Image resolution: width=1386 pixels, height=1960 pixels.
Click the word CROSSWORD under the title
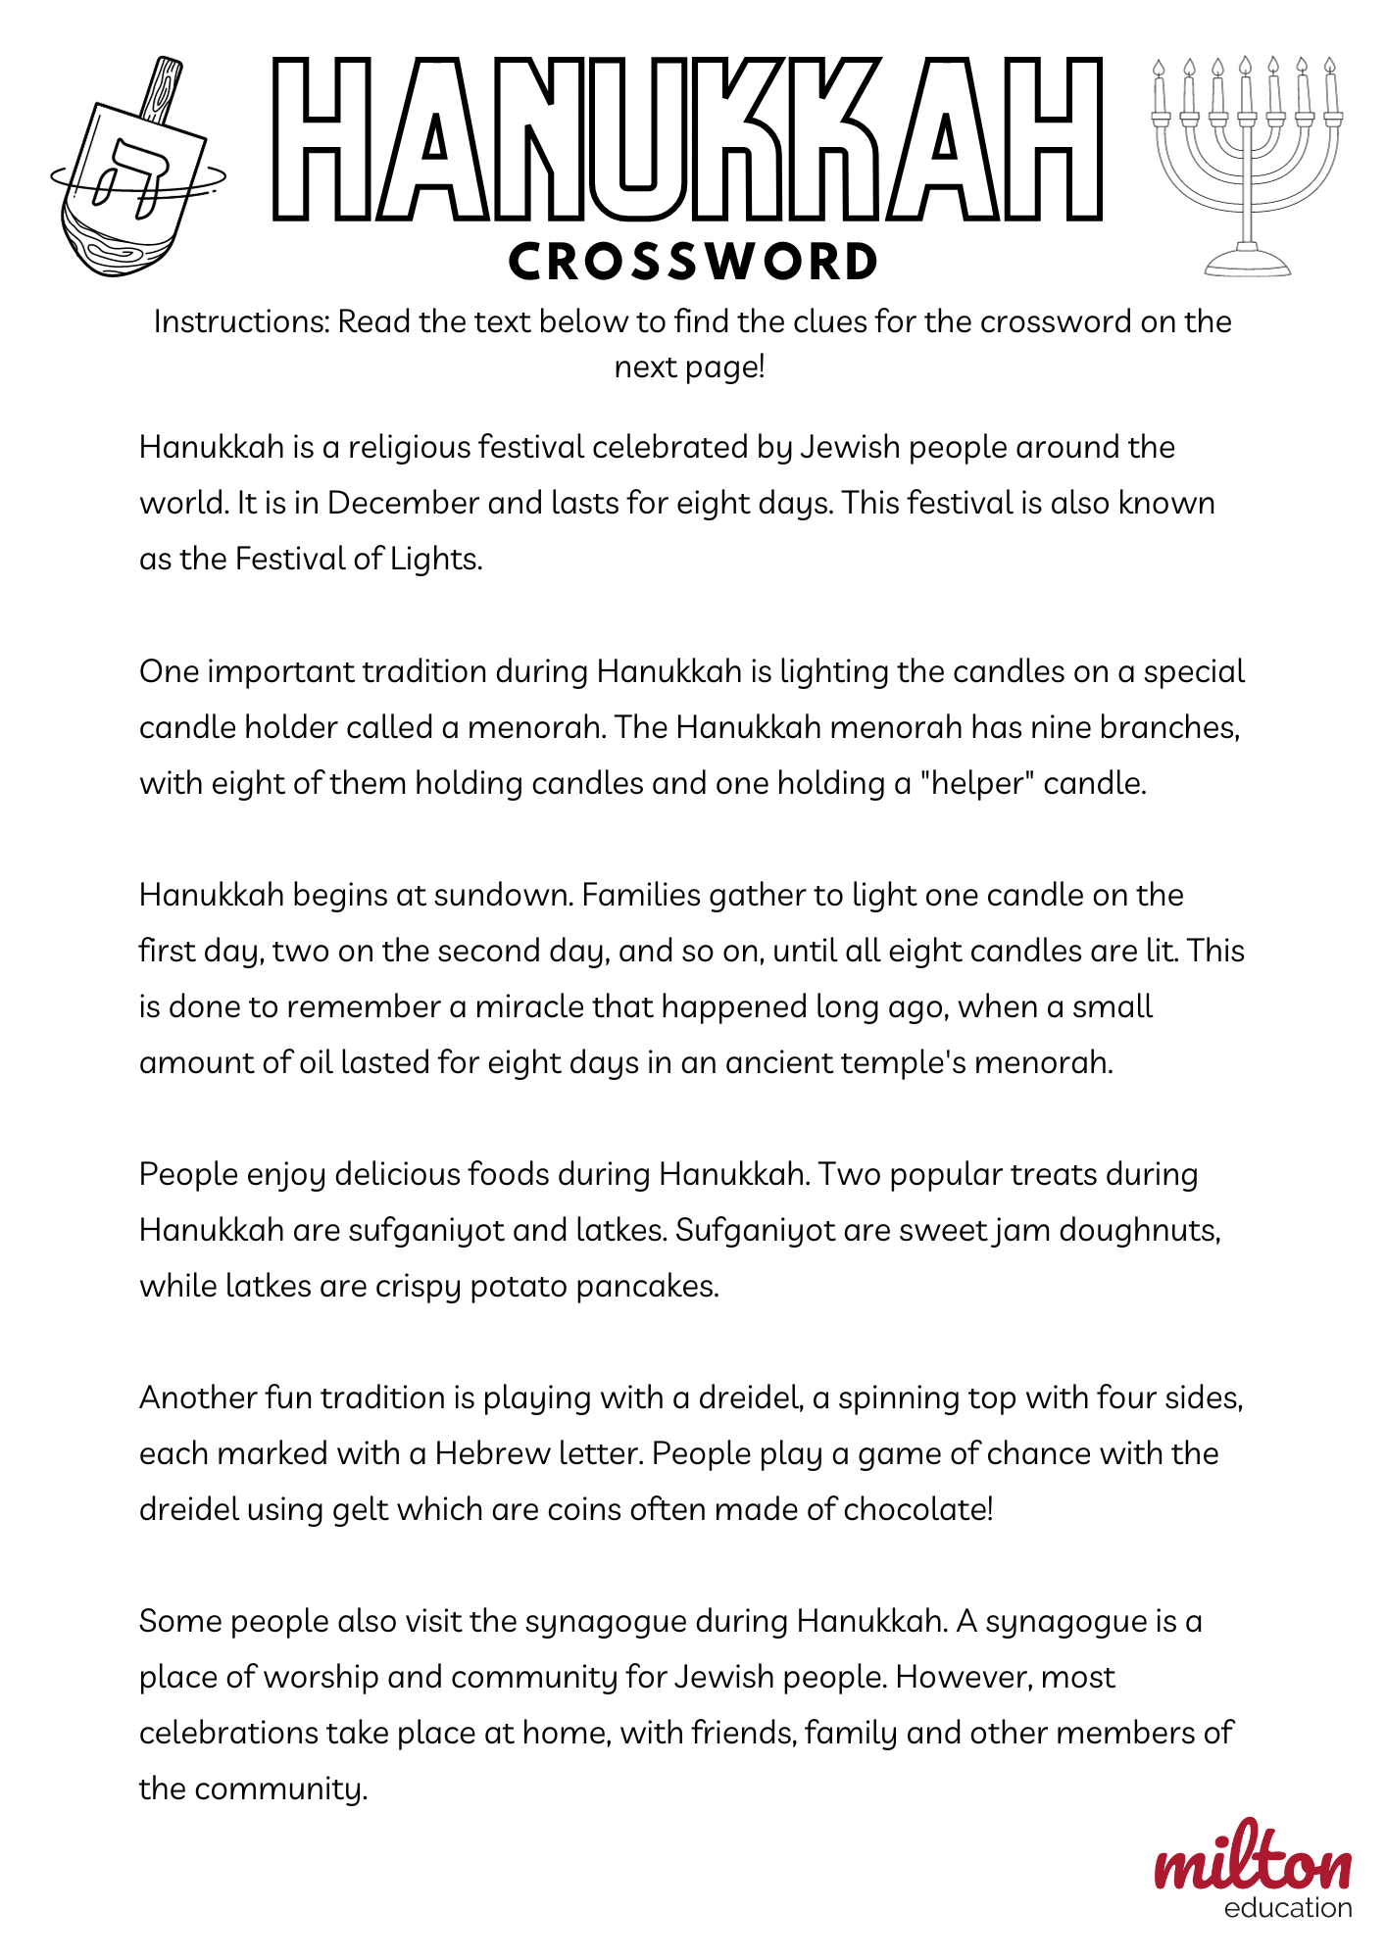(x=693, y=262)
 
